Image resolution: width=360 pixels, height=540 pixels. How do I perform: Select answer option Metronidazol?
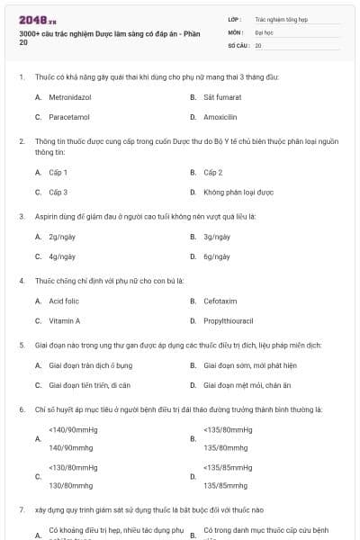coord(72,96)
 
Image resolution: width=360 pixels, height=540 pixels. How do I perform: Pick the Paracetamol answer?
coord(67,117)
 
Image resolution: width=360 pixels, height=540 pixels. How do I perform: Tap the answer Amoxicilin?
coord(220,117)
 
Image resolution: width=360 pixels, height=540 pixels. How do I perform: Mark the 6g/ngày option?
coord(217,256)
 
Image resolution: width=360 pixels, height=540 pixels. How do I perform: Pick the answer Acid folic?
coord(64,301)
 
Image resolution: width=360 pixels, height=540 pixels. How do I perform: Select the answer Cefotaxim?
coord(220,301)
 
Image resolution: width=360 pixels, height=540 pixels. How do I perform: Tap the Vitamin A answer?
coord(64,320)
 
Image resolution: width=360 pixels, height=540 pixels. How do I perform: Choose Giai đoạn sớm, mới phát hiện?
coord(249,365)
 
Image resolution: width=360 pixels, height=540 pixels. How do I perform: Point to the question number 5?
coord(22,345)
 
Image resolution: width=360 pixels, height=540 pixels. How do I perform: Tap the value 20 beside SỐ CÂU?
coord(258,44)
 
